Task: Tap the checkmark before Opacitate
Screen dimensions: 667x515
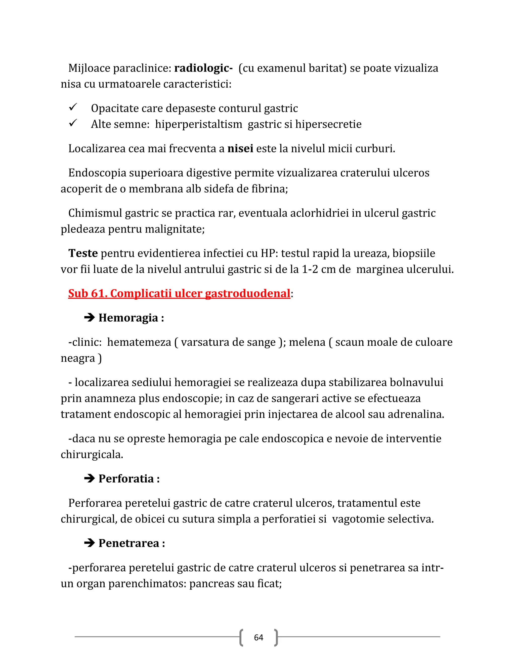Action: [73, 107]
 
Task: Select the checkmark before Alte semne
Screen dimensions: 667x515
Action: [73, 123]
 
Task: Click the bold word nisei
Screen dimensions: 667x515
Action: [240, 149]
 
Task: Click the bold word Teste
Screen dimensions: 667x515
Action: [83, 253]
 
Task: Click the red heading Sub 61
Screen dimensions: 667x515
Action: [179, 293]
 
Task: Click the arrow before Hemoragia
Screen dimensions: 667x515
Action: [89, 318]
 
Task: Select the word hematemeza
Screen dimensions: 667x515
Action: [139, 342]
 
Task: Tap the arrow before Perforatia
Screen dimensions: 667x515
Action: [89, 478]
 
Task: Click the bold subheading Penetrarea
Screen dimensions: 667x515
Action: [129, 543]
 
